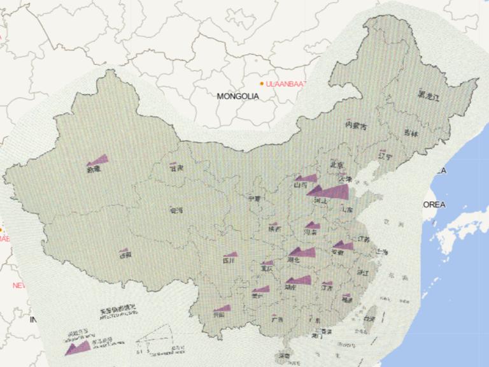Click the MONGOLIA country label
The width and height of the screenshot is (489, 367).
coord(238,96)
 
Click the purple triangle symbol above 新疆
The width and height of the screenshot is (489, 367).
coord(98,161)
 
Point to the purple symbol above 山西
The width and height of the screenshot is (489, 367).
coord(306,178)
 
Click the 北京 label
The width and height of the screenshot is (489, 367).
coord(337,164)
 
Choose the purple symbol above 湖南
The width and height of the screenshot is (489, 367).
coord(299,280)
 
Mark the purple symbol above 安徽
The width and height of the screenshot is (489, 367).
coord(343,245)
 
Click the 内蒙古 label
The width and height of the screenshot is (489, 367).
coord(356,126)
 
